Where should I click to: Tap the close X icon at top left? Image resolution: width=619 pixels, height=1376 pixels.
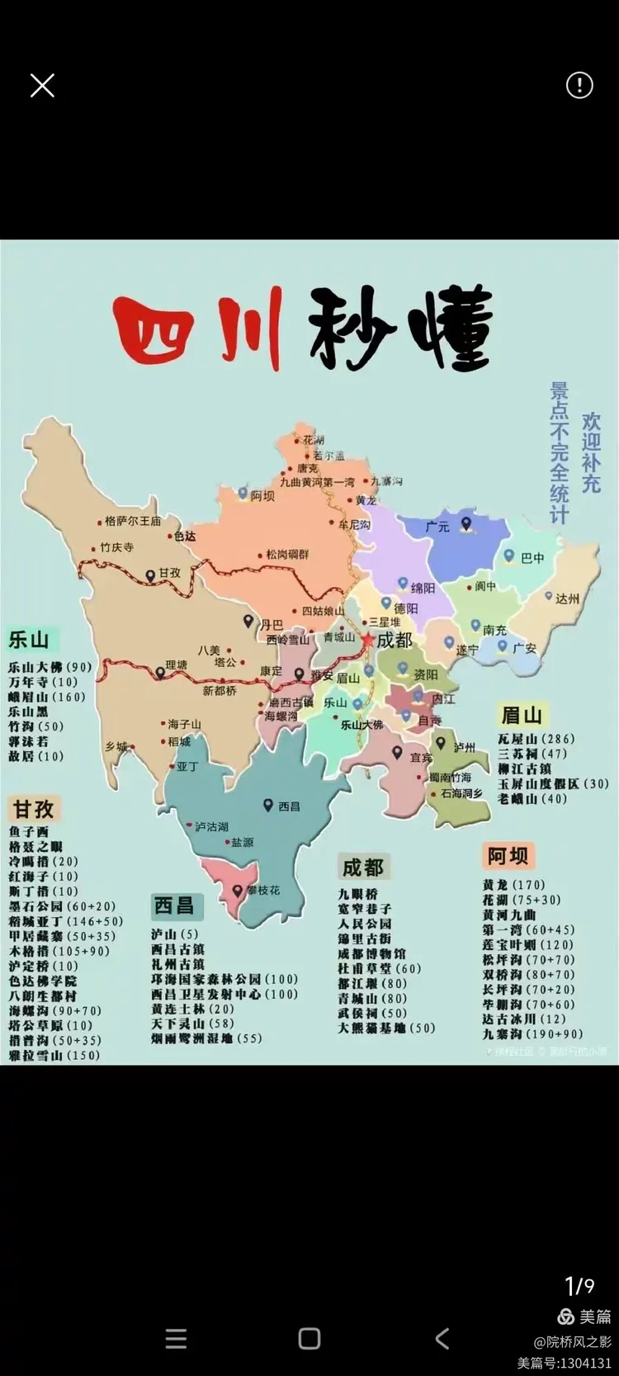(42, 85)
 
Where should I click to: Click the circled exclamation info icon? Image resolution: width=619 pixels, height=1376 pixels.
(579, 85)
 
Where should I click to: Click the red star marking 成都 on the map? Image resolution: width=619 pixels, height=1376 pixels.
(367, 641)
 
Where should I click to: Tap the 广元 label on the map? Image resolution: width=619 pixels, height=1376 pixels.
(437, 526)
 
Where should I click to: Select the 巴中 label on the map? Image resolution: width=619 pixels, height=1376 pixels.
(532, 558)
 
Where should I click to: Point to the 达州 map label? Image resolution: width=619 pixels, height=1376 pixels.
(567, 598)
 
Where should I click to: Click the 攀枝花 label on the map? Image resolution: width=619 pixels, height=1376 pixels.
(262, 891)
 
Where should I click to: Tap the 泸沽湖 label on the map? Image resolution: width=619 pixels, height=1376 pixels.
(211, 826)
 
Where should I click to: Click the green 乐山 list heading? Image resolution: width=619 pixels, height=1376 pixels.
(29, 640)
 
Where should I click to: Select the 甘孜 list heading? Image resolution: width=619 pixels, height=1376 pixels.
(34, 808)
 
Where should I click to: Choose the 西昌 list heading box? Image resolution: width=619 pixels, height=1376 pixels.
(174, 906)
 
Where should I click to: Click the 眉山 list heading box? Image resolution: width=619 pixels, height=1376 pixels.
(521, 715)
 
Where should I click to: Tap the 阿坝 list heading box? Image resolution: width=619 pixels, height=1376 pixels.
(507, 856)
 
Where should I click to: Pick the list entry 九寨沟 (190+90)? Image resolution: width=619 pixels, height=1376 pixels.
(532, 1033)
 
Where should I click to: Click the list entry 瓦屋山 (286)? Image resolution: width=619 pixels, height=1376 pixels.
(536, 739)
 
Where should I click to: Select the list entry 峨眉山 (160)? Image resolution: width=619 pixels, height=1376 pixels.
(47, 697)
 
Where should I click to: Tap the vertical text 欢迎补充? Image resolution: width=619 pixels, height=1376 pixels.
(591, 453)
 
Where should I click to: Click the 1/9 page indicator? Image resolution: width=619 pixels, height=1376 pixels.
(579, 1285)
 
